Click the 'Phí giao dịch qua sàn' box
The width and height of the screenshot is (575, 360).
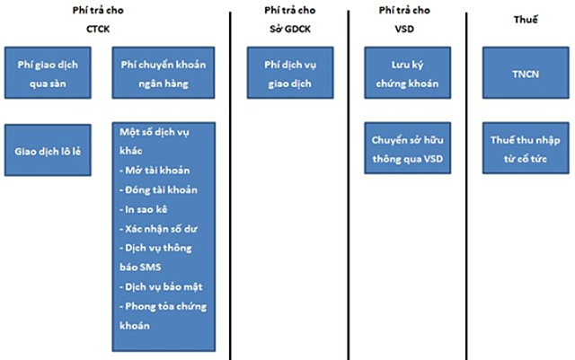(x=55, y=74)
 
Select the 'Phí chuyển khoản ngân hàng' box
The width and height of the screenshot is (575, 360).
(x=162, y=74)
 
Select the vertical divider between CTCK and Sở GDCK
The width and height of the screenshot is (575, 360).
(x=230, y=180)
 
